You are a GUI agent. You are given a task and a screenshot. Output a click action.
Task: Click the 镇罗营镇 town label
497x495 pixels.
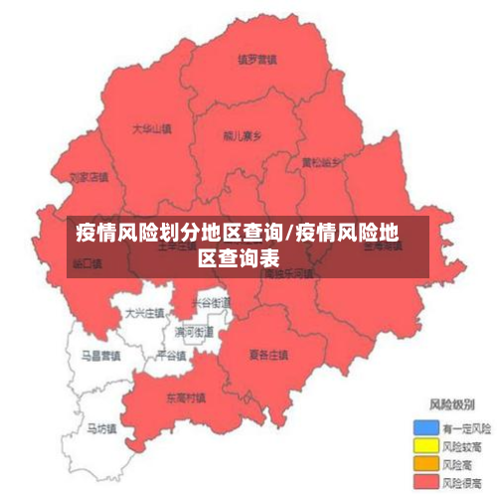(256, 59)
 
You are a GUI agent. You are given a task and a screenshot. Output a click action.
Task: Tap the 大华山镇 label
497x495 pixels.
(151, 128)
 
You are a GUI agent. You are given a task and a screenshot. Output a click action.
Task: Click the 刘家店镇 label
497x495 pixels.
(88, 178)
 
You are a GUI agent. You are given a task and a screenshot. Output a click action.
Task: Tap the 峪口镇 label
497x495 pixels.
(87, 263)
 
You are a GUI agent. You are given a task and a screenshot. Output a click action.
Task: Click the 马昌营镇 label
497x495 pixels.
(100, 354)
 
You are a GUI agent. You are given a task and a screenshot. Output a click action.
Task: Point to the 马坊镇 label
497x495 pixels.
(100, 429)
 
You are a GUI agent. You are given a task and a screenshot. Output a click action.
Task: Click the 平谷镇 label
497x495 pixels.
(171, 355)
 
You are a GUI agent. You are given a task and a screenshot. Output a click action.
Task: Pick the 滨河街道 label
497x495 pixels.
(194, 331)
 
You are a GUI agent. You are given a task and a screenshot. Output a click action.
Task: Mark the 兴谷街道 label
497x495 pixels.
(211, 301)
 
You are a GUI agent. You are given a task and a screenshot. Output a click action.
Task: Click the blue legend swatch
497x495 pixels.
(425, 426)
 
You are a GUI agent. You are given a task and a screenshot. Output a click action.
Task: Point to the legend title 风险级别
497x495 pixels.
(450, 405)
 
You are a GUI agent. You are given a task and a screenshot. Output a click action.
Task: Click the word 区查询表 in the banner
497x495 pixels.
(239, 257)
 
